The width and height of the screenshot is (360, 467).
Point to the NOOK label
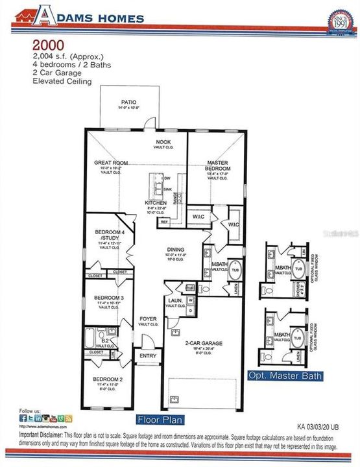(x=162, y=141)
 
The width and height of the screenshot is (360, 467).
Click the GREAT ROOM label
(x=110, y=163)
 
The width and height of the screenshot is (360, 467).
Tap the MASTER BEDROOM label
(x=216, y=166)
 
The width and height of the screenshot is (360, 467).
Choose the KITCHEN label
(x=156, y=202)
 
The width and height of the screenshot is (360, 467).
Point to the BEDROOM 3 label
(x=105, y=298)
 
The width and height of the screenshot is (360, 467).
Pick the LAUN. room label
(x=173, y=301)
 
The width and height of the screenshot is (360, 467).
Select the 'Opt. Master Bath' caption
(x=284, y=376)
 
